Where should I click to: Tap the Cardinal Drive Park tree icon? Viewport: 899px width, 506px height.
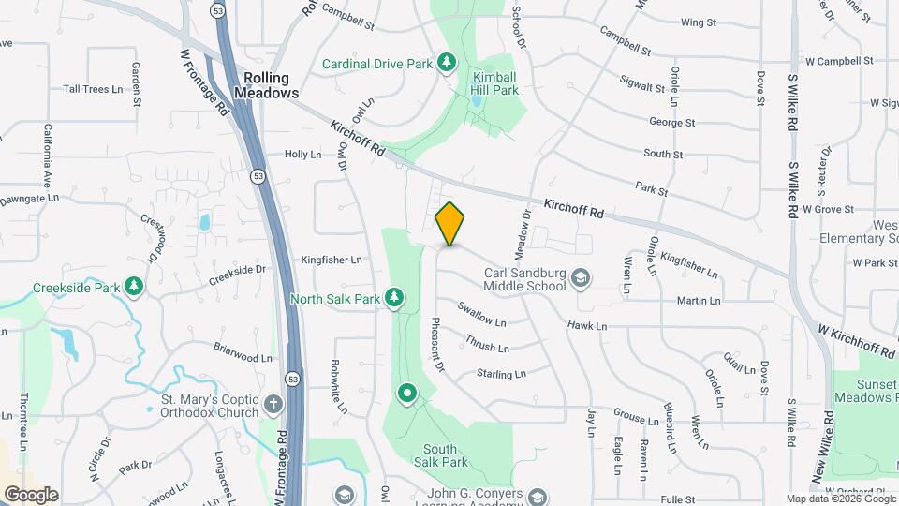click(x=447, y=63)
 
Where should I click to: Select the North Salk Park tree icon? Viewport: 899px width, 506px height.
click(x=394, y=299)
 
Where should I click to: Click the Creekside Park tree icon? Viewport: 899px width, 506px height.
click(x=134, y=286)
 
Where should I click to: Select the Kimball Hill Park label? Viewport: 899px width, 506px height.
click(x=495, y=83)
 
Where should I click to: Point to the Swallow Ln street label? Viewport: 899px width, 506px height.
click(x=481, y=313)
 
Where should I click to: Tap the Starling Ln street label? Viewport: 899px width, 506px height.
click(x=501, y=374)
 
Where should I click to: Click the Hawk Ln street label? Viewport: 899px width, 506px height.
click(x=587, y=326)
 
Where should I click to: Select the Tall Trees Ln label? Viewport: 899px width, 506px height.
click(x=93, y=89)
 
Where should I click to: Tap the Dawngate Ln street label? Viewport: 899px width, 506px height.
click(x=28, y=198)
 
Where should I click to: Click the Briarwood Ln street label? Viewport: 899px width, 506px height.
click(x=242, y=357)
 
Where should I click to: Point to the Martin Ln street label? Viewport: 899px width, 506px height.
click(x=699, y=301)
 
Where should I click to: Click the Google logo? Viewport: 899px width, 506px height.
click(x=31, y=495)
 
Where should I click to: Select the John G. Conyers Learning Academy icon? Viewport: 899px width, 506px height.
click(x=537, y=497)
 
